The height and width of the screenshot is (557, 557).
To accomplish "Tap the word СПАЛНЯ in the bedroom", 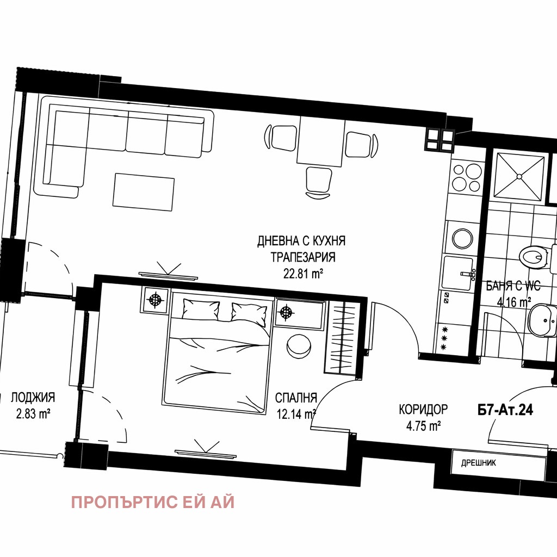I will click(296, 397).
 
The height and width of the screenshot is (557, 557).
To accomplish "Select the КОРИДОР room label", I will click(423, 409).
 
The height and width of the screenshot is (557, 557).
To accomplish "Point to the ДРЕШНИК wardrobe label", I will click(479, 463).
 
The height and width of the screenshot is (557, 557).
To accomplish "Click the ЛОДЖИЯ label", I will click(33, 398).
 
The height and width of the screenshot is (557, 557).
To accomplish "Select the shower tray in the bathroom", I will click(519, 176).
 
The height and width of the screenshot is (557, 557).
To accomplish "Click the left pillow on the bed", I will click(201, 310).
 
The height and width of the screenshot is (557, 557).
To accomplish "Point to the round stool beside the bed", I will click(298, 346).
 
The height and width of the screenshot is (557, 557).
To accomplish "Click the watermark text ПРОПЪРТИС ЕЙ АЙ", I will click(153, 502).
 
